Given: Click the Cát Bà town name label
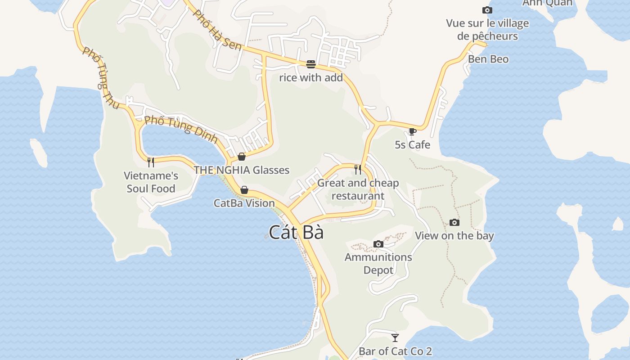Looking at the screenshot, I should (296, 232).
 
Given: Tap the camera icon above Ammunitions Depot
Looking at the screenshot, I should (378, 244).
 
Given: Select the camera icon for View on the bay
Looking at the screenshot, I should (454, 222).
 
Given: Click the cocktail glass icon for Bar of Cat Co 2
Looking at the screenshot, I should (395, 337).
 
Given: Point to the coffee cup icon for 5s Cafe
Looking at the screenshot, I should (412, 131).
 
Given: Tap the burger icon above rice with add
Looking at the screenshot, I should (310, 64).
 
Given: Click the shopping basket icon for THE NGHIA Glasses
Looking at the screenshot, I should (242, 157).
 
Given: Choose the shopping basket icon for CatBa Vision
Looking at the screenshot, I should (244, 190).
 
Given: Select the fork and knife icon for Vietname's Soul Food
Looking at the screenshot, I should (151, 162).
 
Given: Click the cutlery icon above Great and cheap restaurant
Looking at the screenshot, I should (358, 169).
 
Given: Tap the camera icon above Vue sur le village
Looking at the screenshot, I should (487, 10).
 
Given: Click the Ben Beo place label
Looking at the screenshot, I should (488, 59).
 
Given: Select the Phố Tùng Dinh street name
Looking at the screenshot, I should (181, 130).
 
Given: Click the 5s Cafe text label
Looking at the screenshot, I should (412, 145).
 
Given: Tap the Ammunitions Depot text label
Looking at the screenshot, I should (378, 264).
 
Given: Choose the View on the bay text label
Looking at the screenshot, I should (454, 236).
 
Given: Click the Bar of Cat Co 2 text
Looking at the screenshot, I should (395, 351).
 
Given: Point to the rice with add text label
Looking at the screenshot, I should (311, 78).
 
